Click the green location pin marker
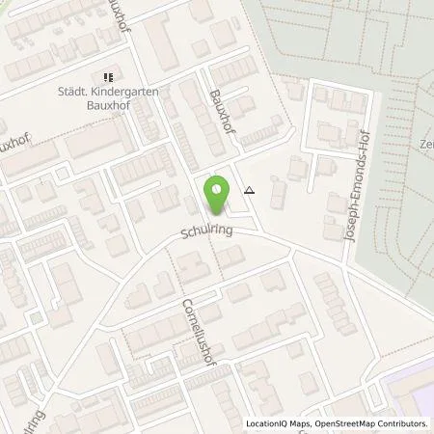tap(216, 196)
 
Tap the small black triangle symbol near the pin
tap(250, 190)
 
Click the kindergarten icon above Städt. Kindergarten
tap(109, 76)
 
